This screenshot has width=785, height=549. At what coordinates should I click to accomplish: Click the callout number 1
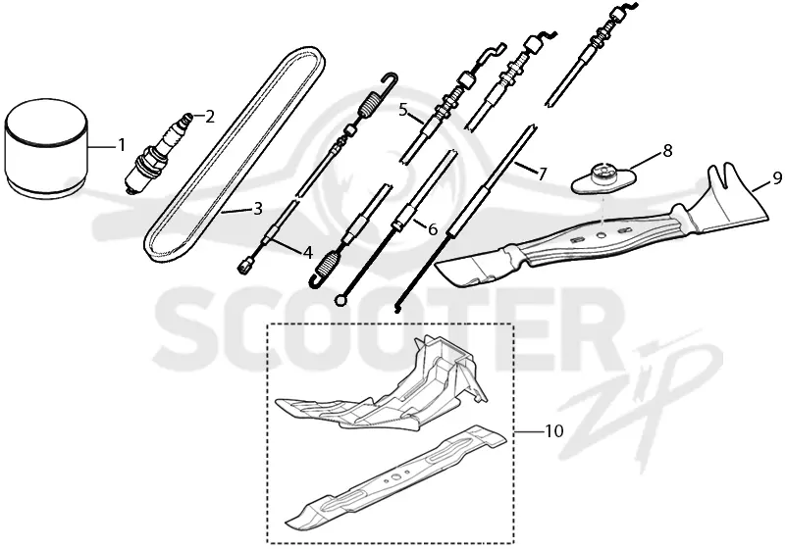point(120,145)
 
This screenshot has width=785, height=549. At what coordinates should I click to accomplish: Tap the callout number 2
point(209,117)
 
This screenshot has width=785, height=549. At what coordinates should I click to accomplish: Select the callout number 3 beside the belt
point(257,208)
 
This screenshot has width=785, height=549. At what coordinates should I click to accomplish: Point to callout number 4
point(307,253)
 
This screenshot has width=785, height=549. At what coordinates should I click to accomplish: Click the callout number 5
point(404,110)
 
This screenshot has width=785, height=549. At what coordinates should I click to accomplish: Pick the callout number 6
point(432,229)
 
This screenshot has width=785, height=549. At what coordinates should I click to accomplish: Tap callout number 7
point(543,174)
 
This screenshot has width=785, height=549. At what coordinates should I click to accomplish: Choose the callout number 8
point(667,151)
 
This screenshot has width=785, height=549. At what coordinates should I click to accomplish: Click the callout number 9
point(776,177)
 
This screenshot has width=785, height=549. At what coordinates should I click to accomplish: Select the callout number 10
point(553,430)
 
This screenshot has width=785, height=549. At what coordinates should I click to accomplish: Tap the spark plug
point(158,153)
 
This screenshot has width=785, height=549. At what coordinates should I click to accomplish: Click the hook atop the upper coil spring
point(391,80)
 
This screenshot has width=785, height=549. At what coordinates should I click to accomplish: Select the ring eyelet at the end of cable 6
point(340,300)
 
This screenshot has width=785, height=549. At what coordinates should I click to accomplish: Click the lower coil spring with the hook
point(327,265)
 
